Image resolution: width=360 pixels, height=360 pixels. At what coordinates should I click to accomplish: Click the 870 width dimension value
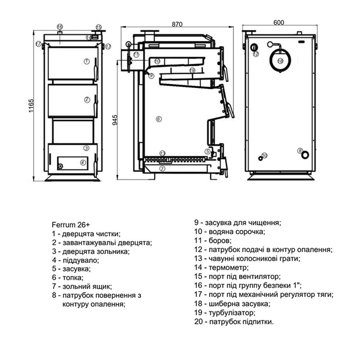(x=177, y=24)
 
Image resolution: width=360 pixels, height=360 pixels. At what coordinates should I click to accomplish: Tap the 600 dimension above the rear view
(x=279, y=22)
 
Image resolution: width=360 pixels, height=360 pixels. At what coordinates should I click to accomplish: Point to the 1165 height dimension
(x=31, y=106)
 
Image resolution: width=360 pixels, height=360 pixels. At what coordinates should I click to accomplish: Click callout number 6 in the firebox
(x=159, y=119)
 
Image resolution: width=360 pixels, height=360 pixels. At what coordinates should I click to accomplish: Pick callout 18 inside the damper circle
(x=280, y=61)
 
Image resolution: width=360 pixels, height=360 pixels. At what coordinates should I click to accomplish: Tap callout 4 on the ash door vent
(x=83, y=163)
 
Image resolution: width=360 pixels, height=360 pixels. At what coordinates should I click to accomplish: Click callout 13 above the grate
(x=162, y=153)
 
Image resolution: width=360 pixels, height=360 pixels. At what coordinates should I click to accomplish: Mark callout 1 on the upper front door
(x=86, y=61)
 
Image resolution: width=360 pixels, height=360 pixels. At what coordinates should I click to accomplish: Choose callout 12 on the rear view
(x=256, y=54)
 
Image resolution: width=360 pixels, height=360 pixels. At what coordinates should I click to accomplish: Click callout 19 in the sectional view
(x=192, y=70)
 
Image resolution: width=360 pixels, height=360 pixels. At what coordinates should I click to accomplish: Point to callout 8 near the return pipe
(x=300, y=150)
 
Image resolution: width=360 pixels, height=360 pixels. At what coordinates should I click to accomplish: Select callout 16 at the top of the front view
(x=60, y=27)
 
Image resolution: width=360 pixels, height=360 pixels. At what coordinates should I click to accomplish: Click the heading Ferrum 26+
(x=71, y=225)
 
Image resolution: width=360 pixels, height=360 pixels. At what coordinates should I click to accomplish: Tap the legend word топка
(x=73, y=278)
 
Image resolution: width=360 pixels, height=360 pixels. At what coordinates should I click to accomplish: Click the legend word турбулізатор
(x=232, y=313)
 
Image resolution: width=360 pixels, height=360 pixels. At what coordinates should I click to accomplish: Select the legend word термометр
(x=229, y=268)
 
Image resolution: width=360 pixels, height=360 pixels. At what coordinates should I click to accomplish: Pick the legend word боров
(x=220, y=240)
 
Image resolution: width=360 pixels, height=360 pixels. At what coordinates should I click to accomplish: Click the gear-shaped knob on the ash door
(x=60, y=166)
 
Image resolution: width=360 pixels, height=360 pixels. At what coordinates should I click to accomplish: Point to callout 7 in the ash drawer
(x=162, y=169)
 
